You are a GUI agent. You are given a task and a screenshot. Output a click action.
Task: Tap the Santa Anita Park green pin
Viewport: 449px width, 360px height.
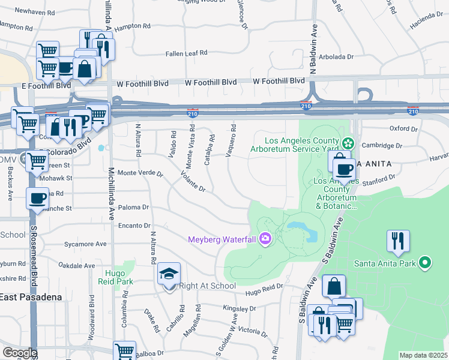click(x=425, y=263)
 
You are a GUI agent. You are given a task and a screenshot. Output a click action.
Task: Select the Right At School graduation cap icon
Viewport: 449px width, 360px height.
click(x=169, y=275)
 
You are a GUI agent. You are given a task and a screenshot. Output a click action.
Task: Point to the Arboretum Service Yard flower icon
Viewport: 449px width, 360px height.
click(x=348, y=143)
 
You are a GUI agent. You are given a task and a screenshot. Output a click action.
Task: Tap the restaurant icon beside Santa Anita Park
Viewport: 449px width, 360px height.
click(x=397, y=241)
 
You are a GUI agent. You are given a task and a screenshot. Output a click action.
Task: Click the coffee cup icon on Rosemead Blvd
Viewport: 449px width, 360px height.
click(x=37, y=199)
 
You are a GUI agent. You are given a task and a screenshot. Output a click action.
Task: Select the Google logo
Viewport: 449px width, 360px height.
click(x=20, y=353)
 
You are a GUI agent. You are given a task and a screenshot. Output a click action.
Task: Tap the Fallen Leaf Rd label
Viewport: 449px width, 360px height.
click(x=187, y=53)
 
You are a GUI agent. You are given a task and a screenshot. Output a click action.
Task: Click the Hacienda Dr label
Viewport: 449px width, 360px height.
click(x=426, y=19)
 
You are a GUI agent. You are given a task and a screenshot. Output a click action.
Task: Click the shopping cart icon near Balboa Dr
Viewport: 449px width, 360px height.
click(x=124, y=351)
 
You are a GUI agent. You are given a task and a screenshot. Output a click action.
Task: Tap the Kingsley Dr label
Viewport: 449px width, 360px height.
click(x=239, y=308)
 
